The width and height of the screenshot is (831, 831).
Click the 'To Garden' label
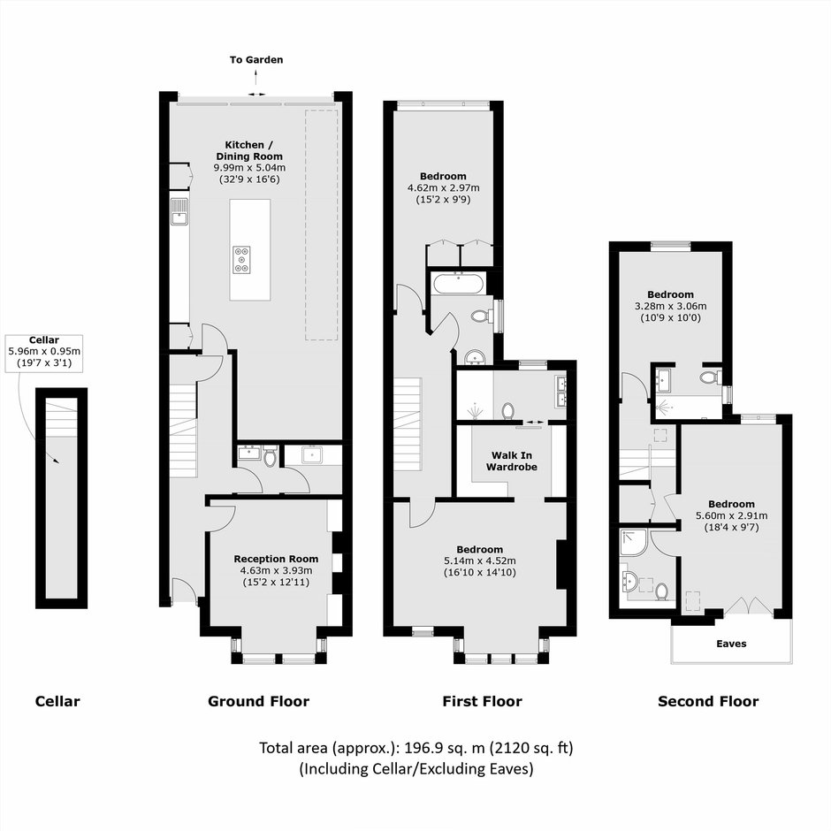(256, 59)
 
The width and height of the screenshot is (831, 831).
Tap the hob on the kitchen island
(241, 260)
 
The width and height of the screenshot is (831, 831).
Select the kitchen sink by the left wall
(179, 211)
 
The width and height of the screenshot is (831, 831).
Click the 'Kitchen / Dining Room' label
(249, 150)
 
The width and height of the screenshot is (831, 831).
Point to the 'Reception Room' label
(276, 559)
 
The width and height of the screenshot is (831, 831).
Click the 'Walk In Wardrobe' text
(512, 461)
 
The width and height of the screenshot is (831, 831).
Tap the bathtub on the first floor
(459, 283)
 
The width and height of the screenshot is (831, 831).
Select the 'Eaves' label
(731, 644)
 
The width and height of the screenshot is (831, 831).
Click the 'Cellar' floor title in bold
(57, 701)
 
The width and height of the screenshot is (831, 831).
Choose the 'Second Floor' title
(708, 701)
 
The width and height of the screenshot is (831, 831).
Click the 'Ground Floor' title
(259, 701)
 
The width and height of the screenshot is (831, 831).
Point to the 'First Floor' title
(483, 701)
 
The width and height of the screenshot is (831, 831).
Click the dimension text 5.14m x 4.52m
(480, 560)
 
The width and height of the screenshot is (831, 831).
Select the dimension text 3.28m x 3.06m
(670, 306)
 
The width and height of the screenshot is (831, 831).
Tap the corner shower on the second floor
(633, 542)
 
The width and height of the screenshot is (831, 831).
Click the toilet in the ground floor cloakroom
(271, 456)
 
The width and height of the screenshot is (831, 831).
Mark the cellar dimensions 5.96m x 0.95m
(44, 351)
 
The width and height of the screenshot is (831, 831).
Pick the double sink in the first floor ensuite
(560, 391)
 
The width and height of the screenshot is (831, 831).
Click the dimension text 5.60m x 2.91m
(731, 515)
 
